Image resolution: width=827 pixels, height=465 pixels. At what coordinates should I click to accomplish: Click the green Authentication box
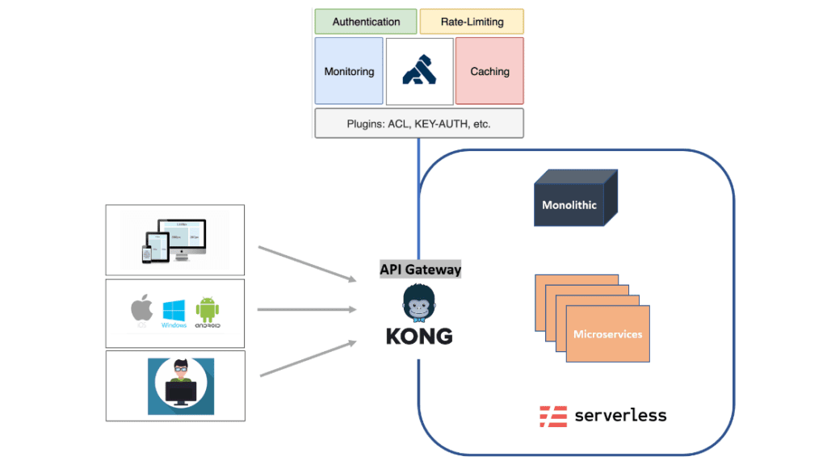(x=366, y=22)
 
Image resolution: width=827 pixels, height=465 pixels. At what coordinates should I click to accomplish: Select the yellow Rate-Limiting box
(x=472, y=22)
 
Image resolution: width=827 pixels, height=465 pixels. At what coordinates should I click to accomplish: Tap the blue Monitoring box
(x=349, y=71)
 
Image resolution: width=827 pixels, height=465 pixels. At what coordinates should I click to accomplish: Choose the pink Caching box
(x=489, y=71)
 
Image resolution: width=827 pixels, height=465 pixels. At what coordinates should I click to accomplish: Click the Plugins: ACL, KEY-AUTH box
(x=418, y=124)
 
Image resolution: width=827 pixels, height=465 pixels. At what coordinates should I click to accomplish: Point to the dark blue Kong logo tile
(x=419, y=71)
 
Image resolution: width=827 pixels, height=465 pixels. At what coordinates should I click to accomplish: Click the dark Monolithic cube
(x=570, y=204)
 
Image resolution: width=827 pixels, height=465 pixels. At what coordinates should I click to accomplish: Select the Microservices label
(x=607, y=333)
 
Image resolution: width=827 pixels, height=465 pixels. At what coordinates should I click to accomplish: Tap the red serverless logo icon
(x=553, y=416)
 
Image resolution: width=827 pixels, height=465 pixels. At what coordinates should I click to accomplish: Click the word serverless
(x=620, y=416)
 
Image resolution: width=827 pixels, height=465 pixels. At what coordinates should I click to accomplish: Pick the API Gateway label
(x=420, y=270)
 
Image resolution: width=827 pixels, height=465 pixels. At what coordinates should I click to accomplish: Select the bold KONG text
(x=419, y=336)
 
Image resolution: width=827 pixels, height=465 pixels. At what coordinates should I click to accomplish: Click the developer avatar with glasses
(x=181, y=386)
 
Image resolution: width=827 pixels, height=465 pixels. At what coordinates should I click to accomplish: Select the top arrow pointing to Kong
(x=307, y=264)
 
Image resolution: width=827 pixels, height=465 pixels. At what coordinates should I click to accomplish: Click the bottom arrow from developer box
(x=307, y=358)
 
